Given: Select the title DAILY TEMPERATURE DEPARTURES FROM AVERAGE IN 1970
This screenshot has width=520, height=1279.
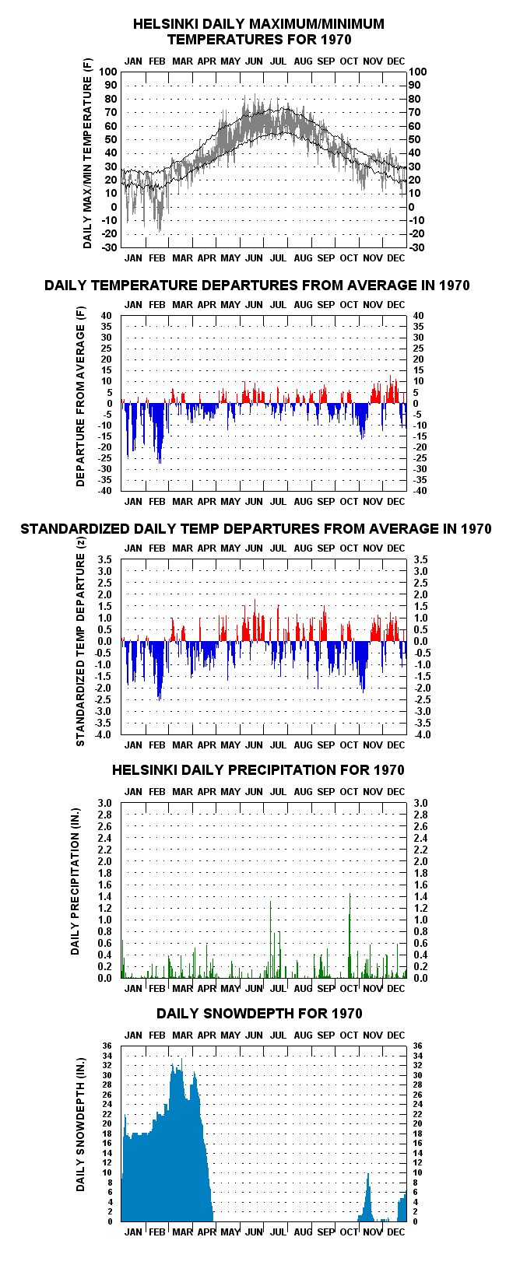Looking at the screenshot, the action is click(257, 286).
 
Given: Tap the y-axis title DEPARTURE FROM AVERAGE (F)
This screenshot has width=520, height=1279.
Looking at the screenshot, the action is click(80, 396).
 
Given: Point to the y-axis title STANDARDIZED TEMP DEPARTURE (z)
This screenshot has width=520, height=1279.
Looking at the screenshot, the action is click(80, 642).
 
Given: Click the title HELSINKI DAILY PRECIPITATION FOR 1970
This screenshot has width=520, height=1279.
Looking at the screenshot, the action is click(258, 770).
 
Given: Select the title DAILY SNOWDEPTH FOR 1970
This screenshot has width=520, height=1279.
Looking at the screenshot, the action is click(259, 1014).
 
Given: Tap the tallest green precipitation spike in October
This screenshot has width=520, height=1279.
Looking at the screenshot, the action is click(350, 935).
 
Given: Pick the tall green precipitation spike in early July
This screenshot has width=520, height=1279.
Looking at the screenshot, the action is click(270, 939).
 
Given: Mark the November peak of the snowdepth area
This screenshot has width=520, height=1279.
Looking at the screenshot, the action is click(368, 1174).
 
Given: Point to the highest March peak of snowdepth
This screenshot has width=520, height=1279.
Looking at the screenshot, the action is click(181, 1059).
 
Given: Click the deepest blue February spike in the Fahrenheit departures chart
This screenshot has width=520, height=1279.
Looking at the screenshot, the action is click(160, 462).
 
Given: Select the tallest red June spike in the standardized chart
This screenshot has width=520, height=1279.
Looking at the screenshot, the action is click(255, 600).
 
